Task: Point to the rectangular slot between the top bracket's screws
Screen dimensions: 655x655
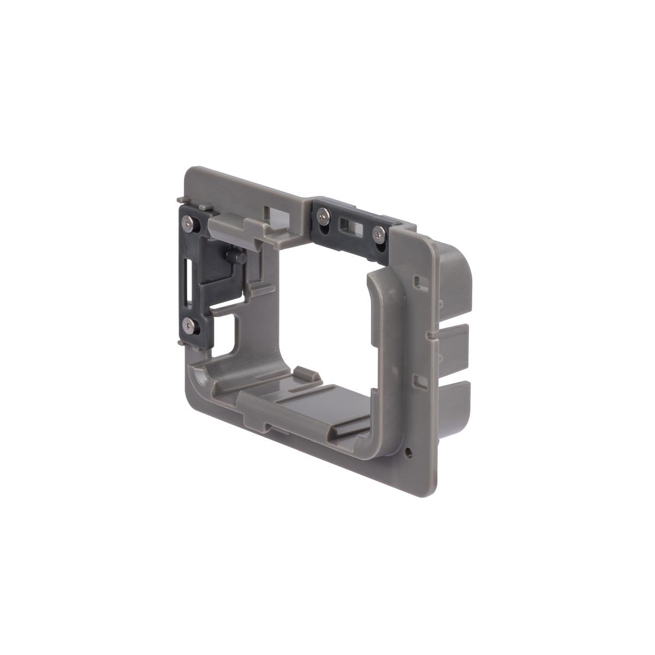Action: [347, 225]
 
